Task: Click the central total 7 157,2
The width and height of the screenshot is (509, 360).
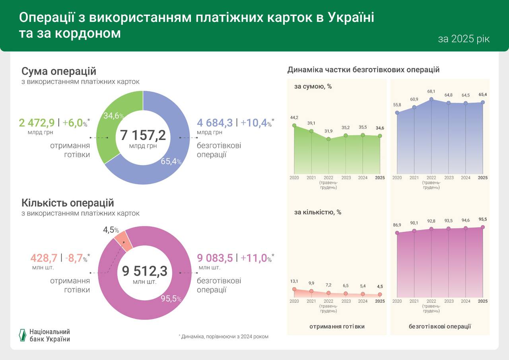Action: click(143, 136)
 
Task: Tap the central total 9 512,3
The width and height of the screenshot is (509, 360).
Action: click(144, 271)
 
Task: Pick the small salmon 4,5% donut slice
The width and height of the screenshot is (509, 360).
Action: click(124, 241)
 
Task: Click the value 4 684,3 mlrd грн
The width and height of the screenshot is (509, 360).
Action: click(215, 123)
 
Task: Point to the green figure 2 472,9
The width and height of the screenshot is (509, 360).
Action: click(37, 123)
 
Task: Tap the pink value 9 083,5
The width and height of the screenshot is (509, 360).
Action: click(215, 258)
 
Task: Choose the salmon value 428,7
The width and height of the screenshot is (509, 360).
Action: click(44, 258)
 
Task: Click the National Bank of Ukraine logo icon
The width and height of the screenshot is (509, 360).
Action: click(23, 335)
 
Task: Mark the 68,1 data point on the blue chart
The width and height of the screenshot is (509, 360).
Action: click(431, 99)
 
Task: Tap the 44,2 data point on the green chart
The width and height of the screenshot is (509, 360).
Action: click(294, 125)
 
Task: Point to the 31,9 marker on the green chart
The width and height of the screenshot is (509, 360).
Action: click(328, 139)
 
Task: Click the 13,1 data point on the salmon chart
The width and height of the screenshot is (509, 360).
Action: click(294, 289)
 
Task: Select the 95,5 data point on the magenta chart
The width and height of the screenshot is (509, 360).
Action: click(483, 227)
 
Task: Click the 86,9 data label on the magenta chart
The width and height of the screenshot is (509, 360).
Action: click(397, 225)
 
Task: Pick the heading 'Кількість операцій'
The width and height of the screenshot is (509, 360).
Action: click(68, 203)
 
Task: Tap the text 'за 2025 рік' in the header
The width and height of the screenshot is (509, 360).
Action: click(464, 39)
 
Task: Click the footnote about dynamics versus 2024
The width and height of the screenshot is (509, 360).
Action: click(223, 337)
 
